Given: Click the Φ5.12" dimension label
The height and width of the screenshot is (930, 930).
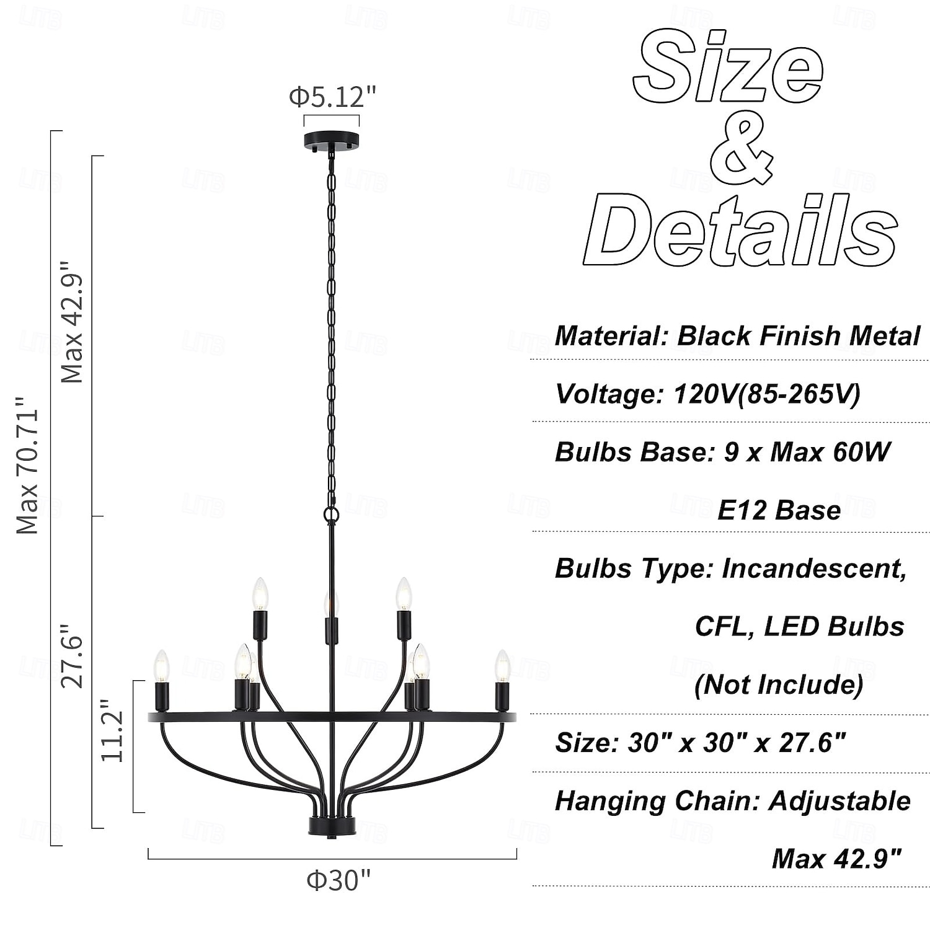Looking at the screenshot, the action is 332,97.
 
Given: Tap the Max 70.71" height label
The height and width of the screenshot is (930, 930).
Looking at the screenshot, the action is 28,466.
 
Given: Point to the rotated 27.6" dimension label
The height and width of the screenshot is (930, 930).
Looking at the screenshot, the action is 71,661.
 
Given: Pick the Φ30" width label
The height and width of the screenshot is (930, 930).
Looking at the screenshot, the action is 339,880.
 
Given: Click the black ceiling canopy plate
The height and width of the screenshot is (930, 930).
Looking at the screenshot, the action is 332,141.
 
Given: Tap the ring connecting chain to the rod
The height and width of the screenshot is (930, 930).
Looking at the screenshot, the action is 332,514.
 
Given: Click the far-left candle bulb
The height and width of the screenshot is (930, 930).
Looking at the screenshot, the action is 161,665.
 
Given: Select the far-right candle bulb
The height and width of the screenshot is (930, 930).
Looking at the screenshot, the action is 502,665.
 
